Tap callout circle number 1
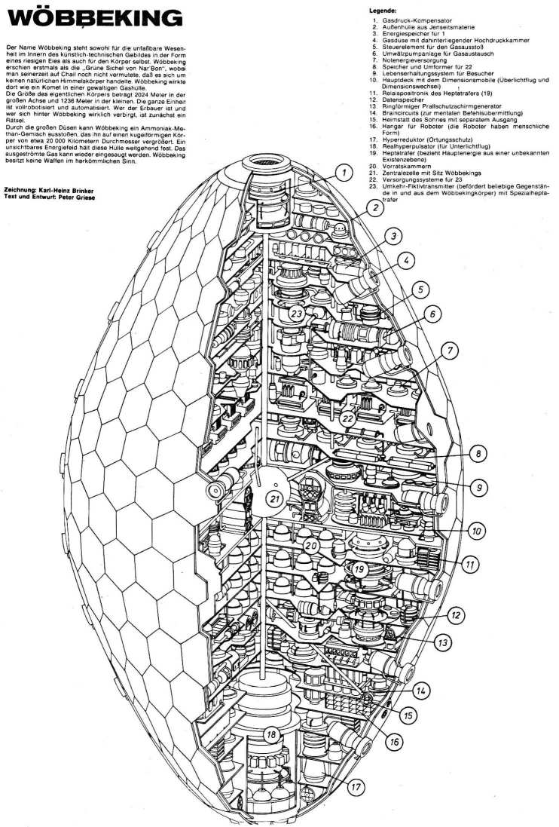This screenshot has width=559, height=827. pos(344,174)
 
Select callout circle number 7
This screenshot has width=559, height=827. pos(451,350)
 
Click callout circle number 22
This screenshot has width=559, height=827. pos(348,418)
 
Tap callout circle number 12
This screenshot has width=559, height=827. pos(455,615)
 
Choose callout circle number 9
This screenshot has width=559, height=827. pos(477,487)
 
